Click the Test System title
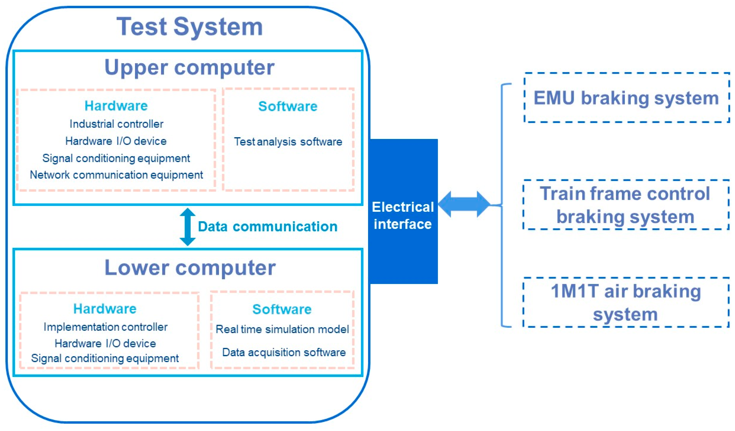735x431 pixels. click(190, 27)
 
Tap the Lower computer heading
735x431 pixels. click(190, 268)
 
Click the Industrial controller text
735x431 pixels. click(116, 124)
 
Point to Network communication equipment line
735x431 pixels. click(116, 175)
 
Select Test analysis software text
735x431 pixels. click(288, 142)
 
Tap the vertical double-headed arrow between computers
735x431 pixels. click(188, 227)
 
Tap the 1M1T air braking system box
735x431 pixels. click(626, 303)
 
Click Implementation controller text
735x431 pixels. click(105, 327)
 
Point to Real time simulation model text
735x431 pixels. click(282, 329)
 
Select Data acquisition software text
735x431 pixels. click(284, 353)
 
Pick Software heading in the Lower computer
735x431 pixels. click(282, 309)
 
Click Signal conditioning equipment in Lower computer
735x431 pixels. click(105, 358)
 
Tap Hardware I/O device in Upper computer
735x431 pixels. click(116, 141)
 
